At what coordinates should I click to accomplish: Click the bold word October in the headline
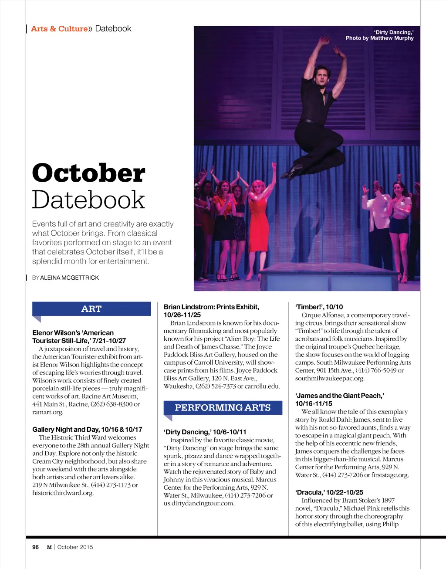[x=88, y=173]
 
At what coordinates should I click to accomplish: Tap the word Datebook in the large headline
[x=88, y=200]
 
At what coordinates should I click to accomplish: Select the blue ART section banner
[x=91, y=309]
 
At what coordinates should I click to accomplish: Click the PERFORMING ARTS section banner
[x=223, y=408]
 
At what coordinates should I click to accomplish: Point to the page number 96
[x=36, y=547]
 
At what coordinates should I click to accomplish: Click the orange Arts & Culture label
[x=59, y=29]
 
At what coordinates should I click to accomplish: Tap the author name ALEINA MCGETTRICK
[x=69, y=278]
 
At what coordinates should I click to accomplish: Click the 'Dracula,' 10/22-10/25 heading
[x=329, y=492]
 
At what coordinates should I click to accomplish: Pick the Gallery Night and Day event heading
[x=87, y=429]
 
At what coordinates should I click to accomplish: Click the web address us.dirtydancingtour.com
[x=199, y=503]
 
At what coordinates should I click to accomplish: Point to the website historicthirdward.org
[x=63, y=493]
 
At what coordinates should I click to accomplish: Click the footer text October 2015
[x=75, y=547]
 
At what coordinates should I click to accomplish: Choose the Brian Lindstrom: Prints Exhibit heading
[x=211, y=307]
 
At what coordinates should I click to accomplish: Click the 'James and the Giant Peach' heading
[x=340, y=396]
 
